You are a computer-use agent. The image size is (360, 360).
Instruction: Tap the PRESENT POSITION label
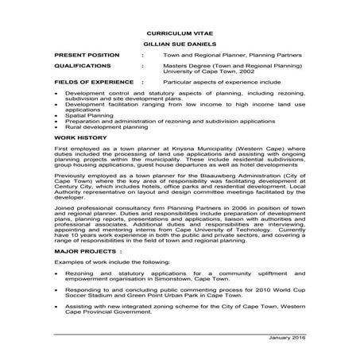[87, 55]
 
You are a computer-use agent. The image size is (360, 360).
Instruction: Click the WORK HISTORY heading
[79, 137]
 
